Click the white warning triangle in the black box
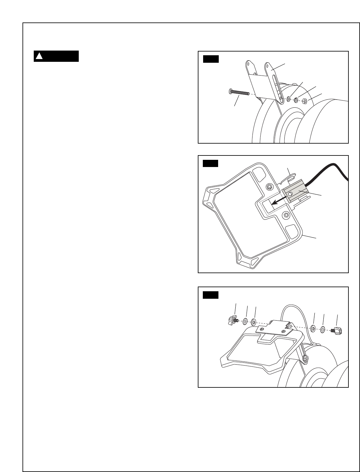point(39,57)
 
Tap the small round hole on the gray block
point(291,194)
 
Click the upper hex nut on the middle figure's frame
point(269,187)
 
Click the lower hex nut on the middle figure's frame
point(286,215)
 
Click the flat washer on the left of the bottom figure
point(253,321)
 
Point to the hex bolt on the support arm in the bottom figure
point(305,358)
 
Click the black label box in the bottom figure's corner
point(210,295)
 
